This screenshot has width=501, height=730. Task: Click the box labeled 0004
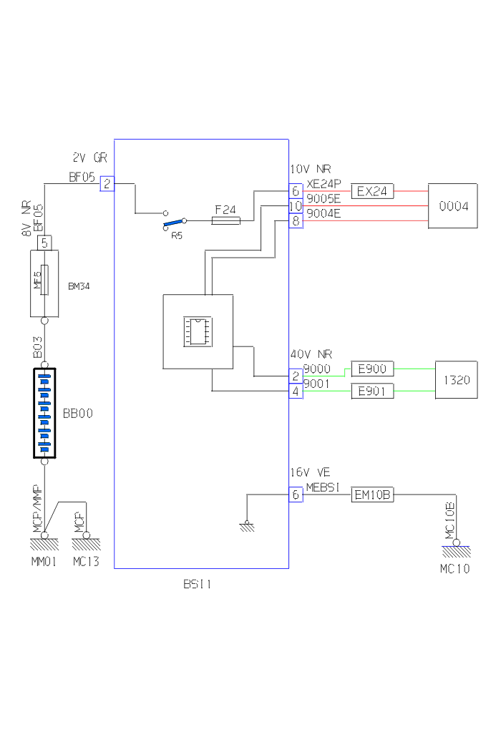click(x=452, y=206)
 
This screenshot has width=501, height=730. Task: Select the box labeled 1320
click(x=456, y=380)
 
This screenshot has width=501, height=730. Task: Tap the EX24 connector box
click(x=372, y=191)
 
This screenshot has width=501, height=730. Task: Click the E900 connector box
click(x=371, y=369)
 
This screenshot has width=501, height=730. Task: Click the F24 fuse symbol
click(x=225, y=221)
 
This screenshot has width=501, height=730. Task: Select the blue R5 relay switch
click(x=174, y=224)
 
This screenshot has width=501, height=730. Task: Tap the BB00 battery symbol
click(x=44, y=413)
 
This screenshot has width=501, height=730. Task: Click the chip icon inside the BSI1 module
click(x=198, y=331)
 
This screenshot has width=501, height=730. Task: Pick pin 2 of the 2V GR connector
click(x=107, y=184)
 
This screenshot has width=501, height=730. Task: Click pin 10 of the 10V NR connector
click(x=296, y=206)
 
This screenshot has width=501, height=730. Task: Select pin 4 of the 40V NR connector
click(x=296, y=391)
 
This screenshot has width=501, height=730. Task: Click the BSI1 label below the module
click(x=197, y=584)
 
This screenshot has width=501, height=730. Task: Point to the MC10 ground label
click(x=455, y=569)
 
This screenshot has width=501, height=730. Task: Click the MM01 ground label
click(x=44, y=562)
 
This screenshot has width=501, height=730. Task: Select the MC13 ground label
click(x=86, y=562)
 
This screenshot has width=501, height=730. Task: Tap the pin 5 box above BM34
click(x=44, y=243)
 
